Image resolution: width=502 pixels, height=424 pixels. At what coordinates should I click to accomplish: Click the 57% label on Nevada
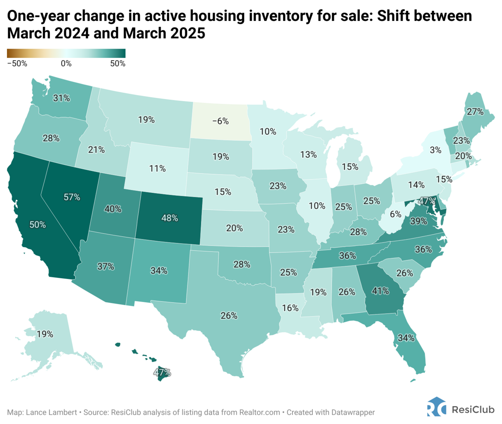coord(72,197)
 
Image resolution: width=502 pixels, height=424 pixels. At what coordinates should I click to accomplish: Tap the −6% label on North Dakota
coord(220,121)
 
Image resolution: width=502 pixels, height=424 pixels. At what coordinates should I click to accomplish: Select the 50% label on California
coord(38,225)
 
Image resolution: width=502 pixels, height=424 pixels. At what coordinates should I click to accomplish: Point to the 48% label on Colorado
coord(170,218)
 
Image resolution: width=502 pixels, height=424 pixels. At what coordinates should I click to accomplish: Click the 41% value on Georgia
coord(380,291)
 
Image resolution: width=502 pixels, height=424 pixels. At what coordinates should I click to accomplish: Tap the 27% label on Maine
coord(475,112)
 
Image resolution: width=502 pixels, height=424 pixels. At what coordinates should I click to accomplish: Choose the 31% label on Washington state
coord(61,98)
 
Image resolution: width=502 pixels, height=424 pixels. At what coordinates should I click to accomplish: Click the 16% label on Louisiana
coord(290,308)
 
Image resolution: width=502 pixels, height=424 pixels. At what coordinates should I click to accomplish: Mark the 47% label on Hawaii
coord(162,372)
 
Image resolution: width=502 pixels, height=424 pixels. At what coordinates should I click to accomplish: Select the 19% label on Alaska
coord(45,334)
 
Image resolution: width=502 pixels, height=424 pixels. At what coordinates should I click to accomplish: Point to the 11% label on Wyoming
coord(157,169)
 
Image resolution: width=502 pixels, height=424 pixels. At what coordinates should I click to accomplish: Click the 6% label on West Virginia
coord(396,214)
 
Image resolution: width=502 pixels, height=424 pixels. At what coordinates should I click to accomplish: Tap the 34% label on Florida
coord(406,338)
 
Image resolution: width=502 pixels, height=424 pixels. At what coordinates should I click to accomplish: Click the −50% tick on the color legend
coord(17,64)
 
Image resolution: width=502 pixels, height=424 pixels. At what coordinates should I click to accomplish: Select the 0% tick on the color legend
coord(66,64)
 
